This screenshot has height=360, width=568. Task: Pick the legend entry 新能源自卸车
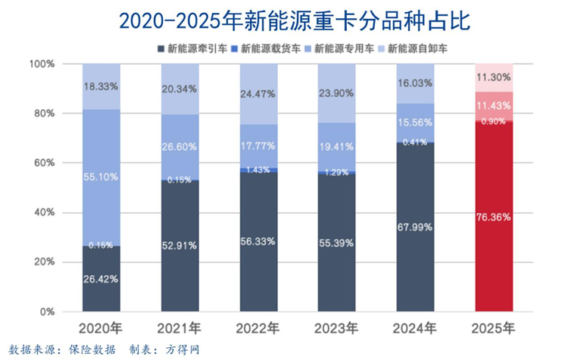420,49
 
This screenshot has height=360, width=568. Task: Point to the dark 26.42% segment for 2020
101,278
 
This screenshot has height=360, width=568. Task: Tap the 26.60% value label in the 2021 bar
179,146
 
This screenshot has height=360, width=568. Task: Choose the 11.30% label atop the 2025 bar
494,77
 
